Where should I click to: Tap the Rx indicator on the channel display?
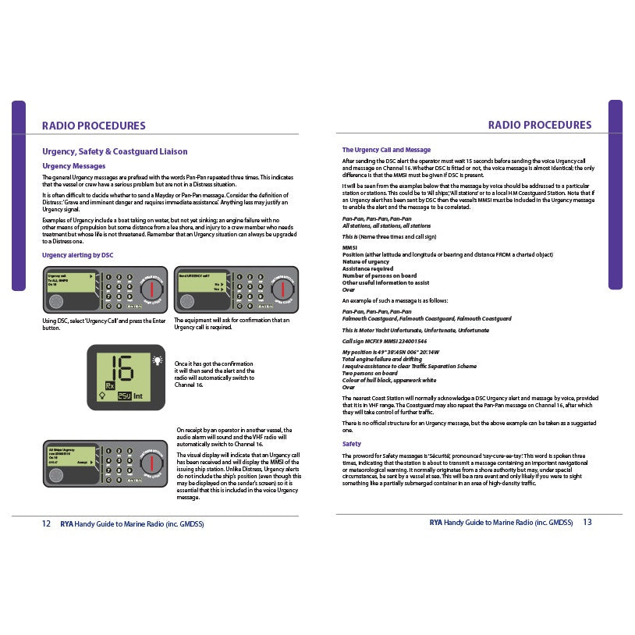pyautogui.click(x=111, y=385)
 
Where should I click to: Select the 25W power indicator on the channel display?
pyautogui.click(x=124, y=396)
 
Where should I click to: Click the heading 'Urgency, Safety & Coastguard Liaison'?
pyautogui.click(x=114, y=151)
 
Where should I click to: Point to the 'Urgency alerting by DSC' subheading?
pyautogui.click(x=77, y=255)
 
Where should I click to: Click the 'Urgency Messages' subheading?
pyautogui.click(x=73, y=166)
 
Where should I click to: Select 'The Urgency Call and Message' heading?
pyautogui.click(x=386, y=150)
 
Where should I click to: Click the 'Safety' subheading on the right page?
pyautogui.click(x=352, y=444)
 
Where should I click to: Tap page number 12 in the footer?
pyautogui.click(x=46, y=523)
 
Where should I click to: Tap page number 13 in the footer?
pyautogui.click(x=587, y=522)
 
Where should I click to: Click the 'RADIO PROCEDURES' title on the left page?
pyautogui.click(x=94, y=125)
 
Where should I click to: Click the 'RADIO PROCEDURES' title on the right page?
pyautogui.click(x=540, y=125)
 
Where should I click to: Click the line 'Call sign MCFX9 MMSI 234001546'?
pyautogui.click(x=385, y=341)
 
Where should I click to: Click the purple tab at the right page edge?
pyautogui.click(x=615, y=194)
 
